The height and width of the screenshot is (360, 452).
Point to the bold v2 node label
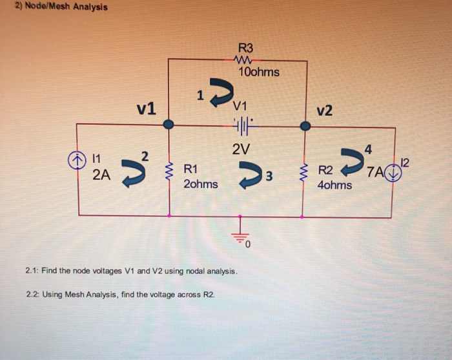[x=325, y=111]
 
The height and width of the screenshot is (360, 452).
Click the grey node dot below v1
[x=169, y=124]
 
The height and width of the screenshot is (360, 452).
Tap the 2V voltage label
[x=240, y=149]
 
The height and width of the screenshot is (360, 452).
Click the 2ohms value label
[x=201, y=184]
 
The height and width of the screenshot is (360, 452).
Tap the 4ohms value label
[x=335, y=185]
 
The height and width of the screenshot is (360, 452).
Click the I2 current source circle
[x=393, y=173]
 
